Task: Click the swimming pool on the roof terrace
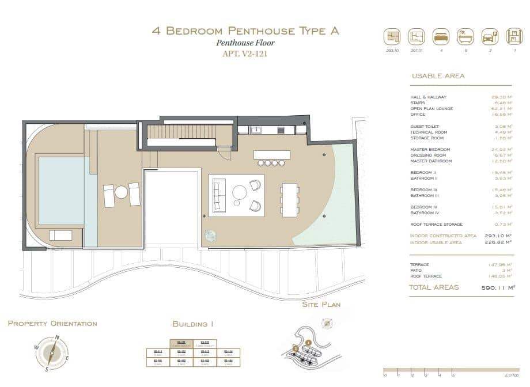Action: [61, 191]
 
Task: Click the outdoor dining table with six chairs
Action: [290, 200]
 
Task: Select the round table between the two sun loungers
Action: [122, 192]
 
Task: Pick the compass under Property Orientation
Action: [52, 353]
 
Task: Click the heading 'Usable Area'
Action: [438, 76]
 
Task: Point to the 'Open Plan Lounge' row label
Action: [431, 109]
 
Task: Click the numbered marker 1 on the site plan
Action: [308, 342]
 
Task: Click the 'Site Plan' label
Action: [321, 304]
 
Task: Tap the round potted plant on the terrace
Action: [211, 236]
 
